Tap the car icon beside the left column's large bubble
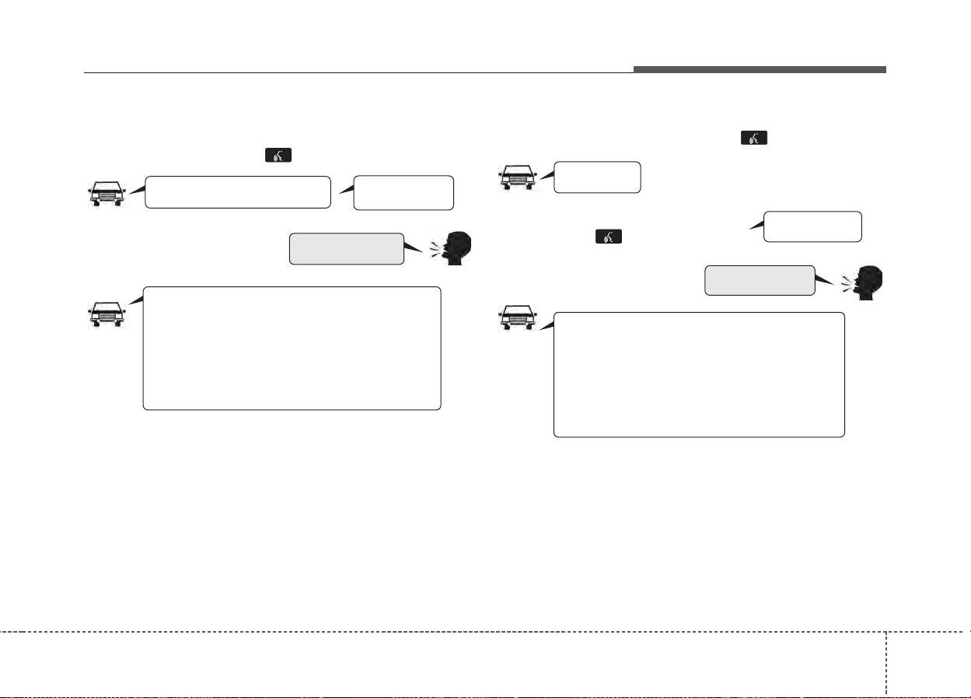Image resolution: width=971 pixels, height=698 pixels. [x=106, y=311]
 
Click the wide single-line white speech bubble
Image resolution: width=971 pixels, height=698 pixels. [x=238, y=192]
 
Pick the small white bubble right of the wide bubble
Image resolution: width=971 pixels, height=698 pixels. [x=403, y=192]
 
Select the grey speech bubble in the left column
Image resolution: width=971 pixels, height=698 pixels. [x=346, y=248]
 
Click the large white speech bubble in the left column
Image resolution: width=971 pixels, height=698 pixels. [x=292, y=348]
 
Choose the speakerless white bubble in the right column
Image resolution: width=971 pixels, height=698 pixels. [x=812, y=226]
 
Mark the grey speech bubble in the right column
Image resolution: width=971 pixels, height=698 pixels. [x=760, y=280]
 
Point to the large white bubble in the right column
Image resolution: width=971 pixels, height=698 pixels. [x=698, y=374]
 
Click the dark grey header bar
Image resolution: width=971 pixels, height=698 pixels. [x=759, y=70]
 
